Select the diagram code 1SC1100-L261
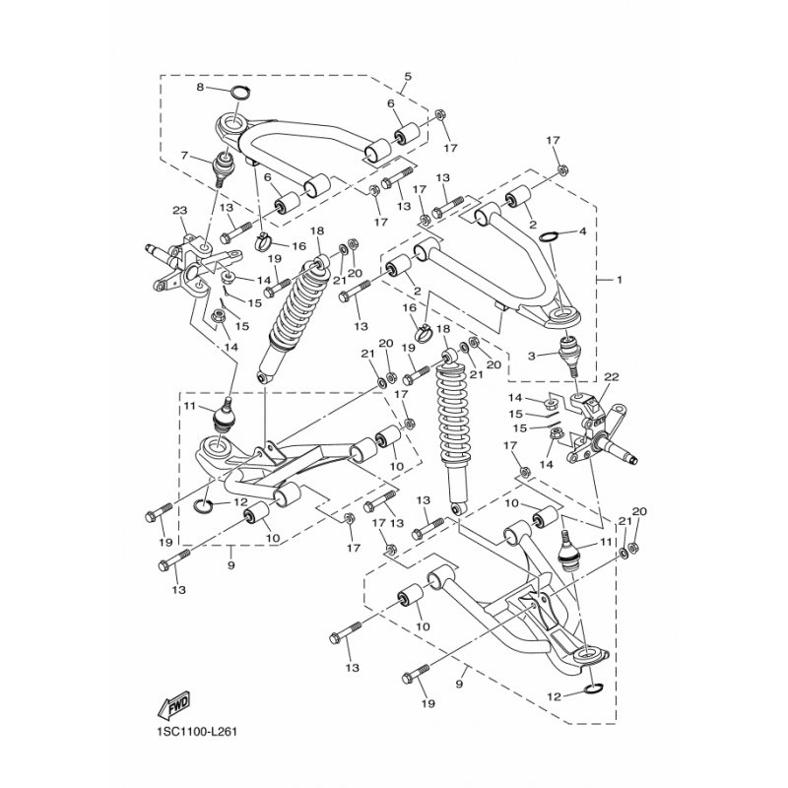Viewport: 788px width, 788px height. coord(193,731)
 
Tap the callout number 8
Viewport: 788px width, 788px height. coord(200,88)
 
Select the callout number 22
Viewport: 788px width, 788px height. coord(612,377)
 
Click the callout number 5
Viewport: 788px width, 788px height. coord(408,77)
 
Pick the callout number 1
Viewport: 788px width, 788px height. coord(620,279)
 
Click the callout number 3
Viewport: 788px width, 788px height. coord(531,356)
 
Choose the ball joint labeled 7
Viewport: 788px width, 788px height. coord(224,167)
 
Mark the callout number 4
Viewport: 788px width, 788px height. coord(582,231)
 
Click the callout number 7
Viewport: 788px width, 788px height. coord(184,156)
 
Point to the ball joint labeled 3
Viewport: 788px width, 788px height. coord(569,356)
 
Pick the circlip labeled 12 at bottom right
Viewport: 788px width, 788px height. coord(595,688)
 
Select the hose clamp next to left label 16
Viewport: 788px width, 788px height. coord(266,242)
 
